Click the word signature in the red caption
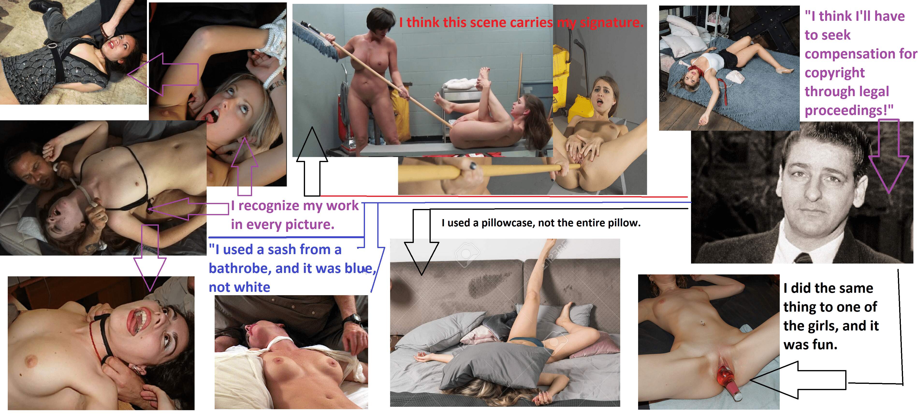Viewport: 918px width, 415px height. click(x=612, y=23)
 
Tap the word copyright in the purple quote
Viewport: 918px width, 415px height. click(x=835, y=73)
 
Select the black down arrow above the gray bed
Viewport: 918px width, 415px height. click(x=422, y=242)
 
